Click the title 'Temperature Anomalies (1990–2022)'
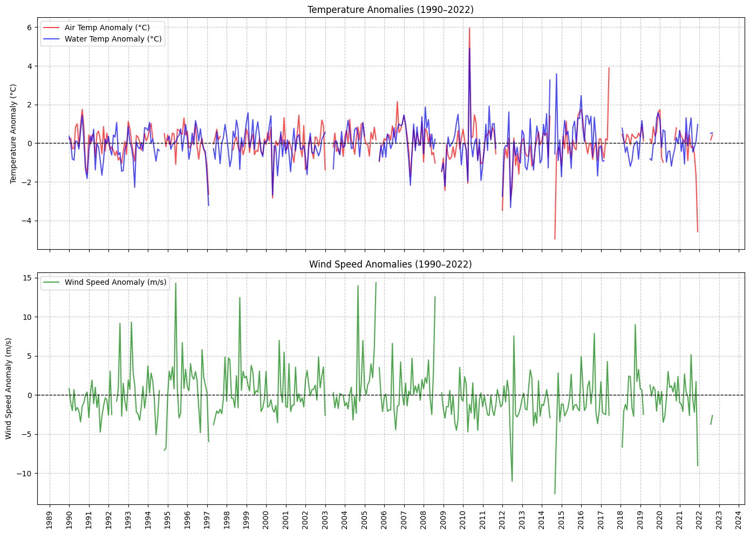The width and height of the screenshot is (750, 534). pos(390,10)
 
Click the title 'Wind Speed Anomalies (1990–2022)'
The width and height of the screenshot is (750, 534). pos(390,264)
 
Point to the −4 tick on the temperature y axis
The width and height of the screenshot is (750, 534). pos(28,221)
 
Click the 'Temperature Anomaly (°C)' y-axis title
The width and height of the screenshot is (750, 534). pos(13,134)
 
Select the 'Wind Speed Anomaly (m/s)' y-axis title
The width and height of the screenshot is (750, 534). pos(9,388)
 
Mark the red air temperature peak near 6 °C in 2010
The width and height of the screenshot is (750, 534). pos(469,28)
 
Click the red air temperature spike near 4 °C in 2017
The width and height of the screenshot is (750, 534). pos(609,68)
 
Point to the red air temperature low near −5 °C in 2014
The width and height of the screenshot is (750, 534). pos(555,239)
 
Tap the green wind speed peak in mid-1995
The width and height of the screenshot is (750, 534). pos(175,283)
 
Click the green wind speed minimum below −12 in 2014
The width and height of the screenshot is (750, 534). pos(555,494)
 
